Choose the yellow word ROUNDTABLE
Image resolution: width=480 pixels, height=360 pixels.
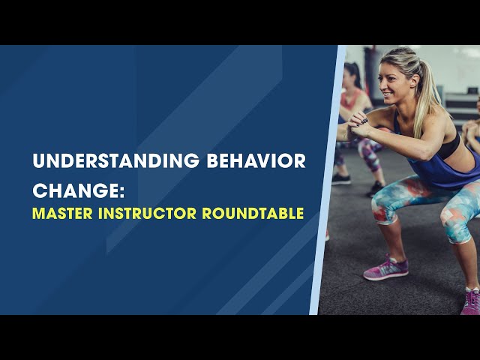pos(253,213)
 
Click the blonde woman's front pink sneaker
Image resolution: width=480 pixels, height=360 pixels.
pos(385,268)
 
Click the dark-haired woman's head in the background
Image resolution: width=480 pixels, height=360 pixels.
pos(353,75)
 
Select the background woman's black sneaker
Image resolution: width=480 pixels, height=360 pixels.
pos(341,178)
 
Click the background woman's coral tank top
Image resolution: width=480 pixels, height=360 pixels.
pos(352,101)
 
